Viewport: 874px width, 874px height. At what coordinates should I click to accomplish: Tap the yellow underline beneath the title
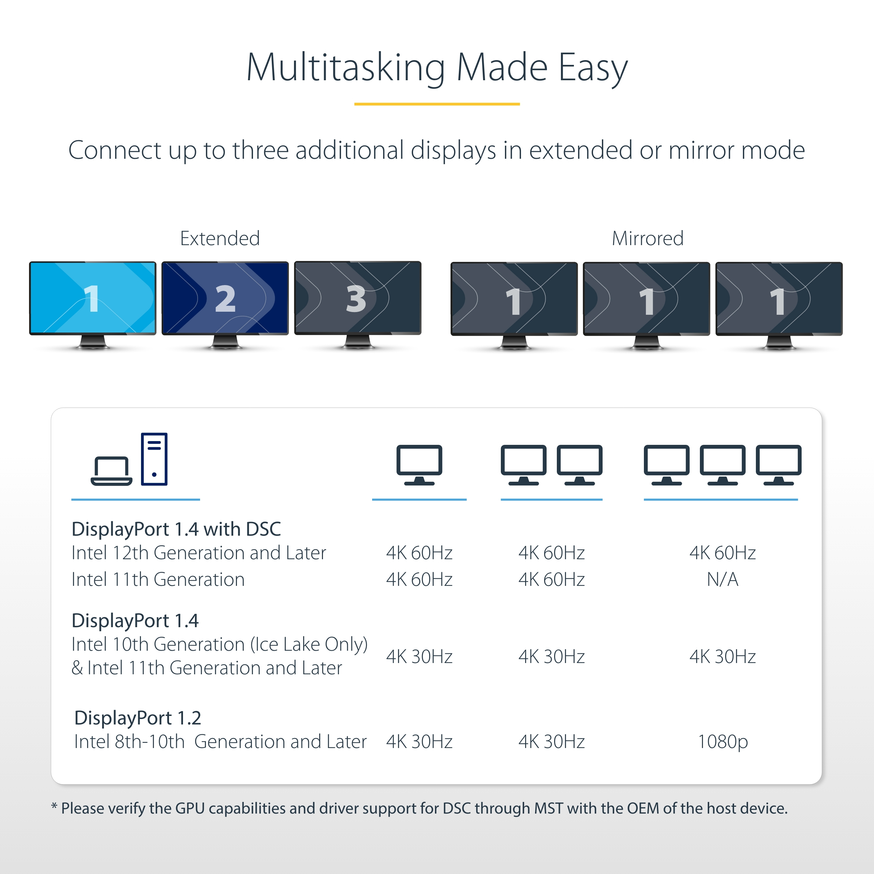[437, 104]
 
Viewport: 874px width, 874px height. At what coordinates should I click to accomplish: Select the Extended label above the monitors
[220, 238]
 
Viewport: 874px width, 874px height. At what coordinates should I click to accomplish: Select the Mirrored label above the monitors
[647, 238]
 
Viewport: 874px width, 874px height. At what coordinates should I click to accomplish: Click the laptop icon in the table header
[111, 471]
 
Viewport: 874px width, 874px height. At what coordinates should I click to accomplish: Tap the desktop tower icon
[154, 459]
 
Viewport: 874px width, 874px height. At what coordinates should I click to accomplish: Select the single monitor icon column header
[419, 465]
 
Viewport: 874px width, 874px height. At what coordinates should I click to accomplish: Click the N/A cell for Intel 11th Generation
[722, 579]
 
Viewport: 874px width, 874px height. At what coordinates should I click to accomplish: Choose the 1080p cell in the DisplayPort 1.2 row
[722, 742]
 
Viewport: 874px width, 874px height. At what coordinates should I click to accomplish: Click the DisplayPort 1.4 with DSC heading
[177, 529]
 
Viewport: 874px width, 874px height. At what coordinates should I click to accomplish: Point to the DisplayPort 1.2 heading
[138, 718]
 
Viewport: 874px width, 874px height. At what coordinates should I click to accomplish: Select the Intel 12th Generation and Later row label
[199, 553]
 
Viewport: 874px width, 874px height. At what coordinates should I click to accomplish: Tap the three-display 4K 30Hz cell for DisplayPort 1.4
[722, 657]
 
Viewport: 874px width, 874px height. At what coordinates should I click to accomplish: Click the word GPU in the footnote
[190, 808]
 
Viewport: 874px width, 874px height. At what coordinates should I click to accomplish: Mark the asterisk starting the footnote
[54, 806]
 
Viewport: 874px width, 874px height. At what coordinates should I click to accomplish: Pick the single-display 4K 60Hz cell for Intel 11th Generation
[419, 579]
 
